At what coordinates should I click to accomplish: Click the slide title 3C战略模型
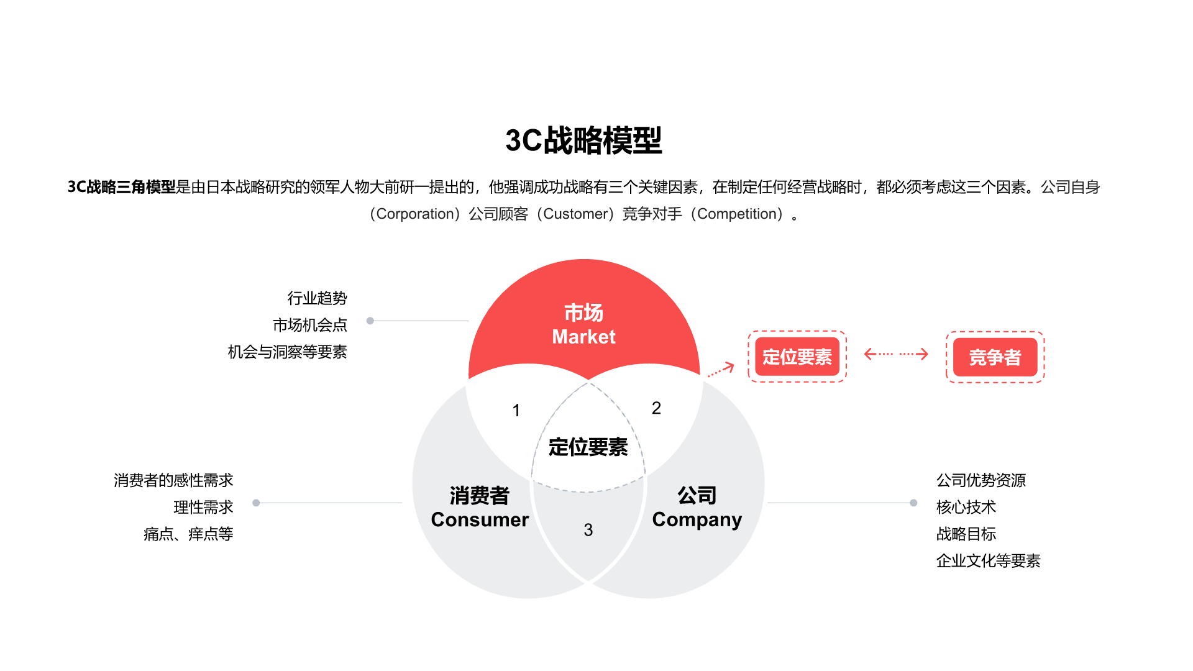pos(583,140)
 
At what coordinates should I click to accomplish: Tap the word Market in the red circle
pos(583,337)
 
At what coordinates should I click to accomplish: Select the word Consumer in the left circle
pos(480,519)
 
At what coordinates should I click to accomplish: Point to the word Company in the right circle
pos(697,519)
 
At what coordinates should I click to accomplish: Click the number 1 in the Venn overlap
pos(516,410)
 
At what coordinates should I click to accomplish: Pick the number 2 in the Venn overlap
pos(656,408)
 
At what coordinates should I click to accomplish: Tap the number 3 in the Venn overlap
pos(588,530)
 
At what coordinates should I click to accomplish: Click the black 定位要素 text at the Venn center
pos(588,447)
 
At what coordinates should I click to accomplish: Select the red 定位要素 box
pos(797,357)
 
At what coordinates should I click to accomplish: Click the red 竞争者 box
pos(995,357)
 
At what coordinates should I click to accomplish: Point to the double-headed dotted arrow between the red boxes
pos(896,354)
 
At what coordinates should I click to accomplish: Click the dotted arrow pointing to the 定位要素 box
pos(721,370)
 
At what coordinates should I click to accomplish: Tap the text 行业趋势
pos(317,298)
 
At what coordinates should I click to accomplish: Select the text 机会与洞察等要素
pos(287,352)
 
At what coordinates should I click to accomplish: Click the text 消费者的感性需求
pos(173,480)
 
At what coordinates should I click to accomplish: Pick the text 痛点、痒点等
pos(188,534)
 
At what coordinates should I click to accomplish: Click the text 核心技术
pos(966,508)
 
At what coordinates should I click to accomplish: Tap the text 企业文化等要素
pos(988,561)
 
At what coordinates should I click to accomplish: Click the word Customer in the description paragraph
pos(575,214)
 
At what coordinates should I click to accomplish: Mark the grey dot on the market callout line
pos(370,321)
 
